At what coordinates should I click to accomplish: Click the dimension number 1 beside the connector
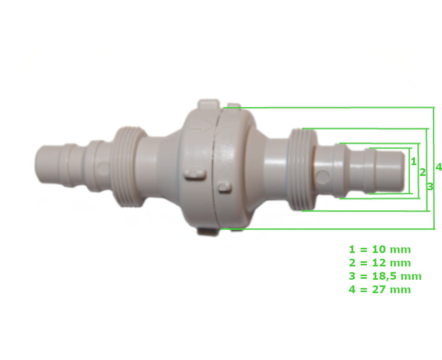[x=414, y=161]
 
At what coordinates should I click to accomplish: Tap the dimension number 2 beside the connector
[x=422, y=172]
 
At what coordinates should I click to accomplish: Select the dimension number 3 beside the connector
[x=430, y=187]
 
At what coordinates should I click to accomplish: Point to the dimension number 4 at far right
[x=438, y=167]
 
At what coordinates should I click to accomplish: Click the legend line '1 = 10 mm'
[x=380, y=249]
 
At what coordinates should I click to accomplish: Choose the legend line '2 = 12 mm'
[x=380, y=263]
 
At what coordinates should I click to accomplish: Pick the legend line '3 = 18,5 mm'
[x=385, y=276]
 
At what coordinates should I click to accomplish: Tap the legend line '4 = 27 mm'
[x=380, y=290]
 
